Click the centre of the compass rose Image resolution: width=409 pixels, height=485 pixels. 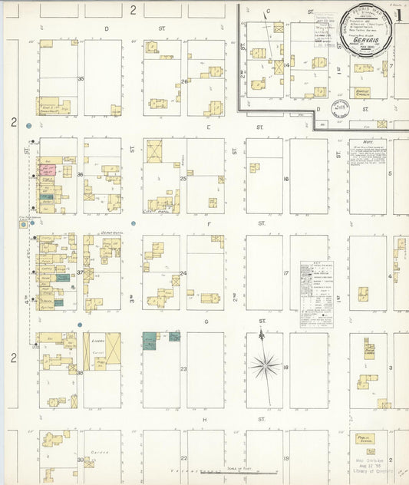tap(265, 366)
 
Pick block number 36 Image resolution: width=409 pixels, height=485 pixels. tap(80, 175)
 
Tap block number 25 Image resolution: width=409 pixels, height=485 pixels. tap(183, 178)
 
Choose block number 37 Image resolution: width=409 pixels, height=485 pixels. tap(80, 272)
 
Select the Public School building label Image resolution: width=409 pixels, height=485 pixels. tap(364, 438)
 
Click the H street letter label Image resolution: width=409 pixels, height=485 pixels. tap(206, 420)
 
